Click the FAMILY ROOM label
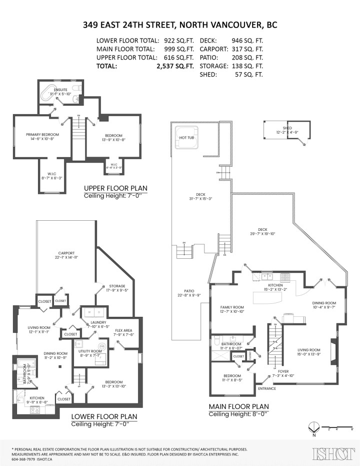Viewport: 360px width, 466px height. tap(231, 307)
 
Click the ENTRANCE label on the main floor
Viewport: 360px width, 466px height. tap(266, 388)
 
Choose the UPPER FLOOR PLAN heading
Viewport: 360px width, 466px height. tap(115, 189)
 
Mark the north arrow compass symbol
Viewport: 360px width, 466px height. tap(313, 427)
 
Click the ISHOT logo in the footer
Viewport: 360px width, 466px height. tap(330, 454)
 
